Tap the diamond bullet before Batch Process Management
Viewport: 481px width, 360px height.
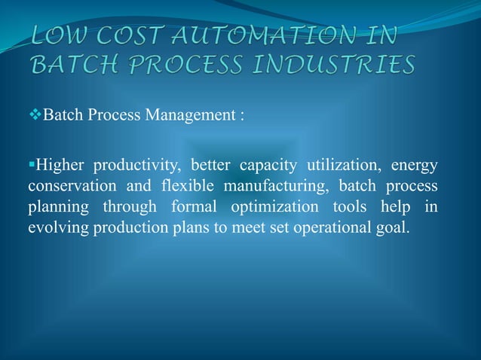pos(35,117)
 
